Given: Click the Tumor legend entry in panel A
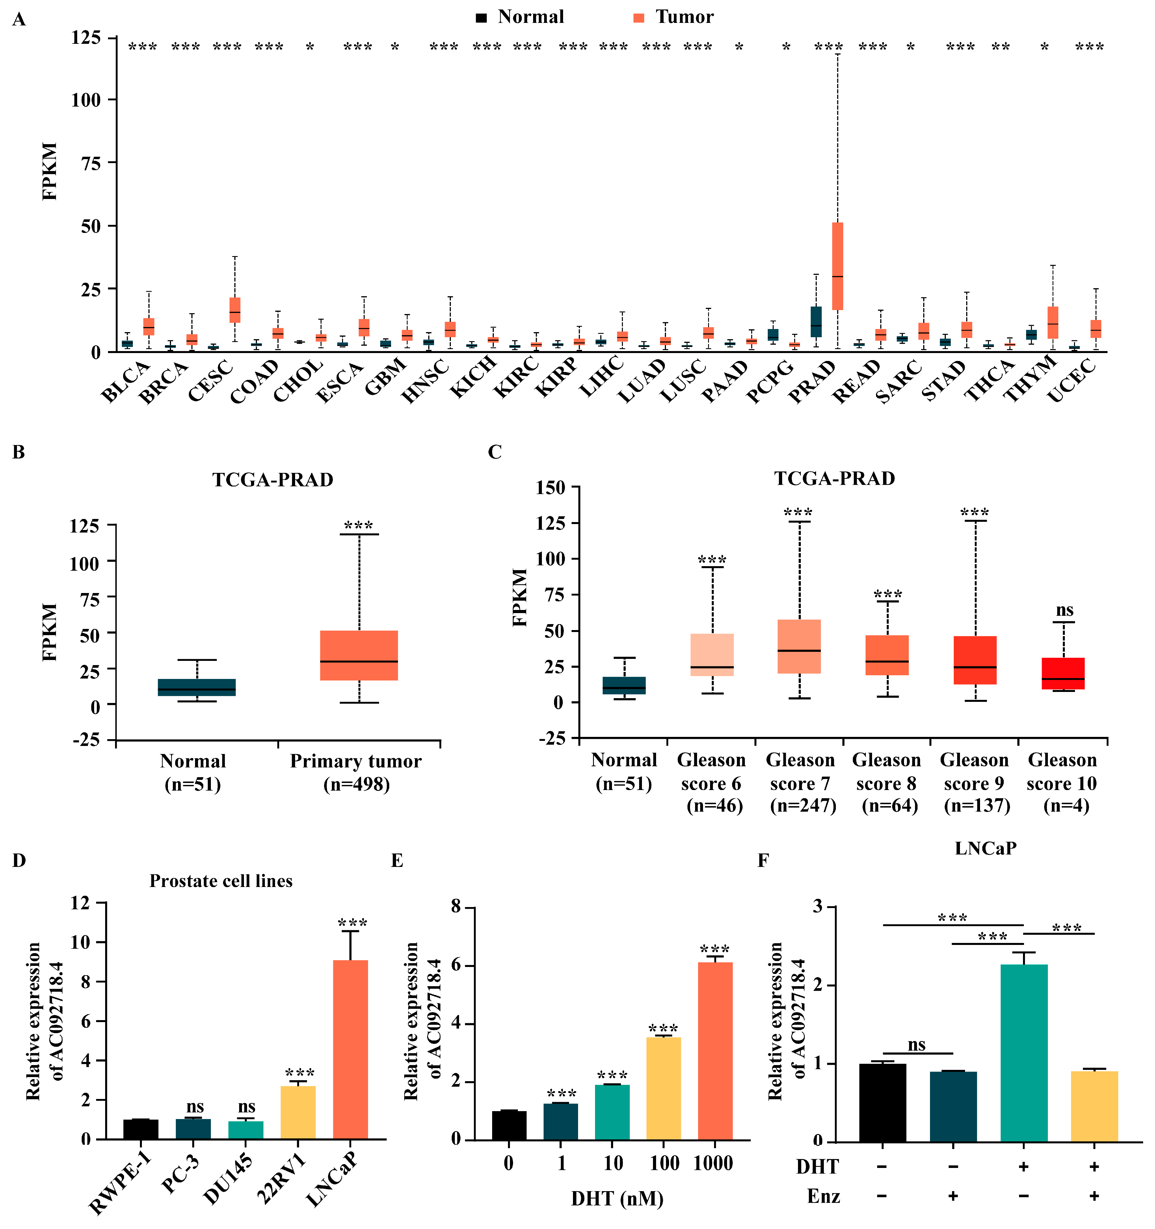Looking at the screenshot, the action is click(x=673, y=17).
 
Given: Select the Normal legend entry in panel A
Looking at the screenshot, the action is click(x=519, y=17).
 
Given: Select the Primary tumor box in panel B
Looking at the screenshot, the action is click(x=359, y=655).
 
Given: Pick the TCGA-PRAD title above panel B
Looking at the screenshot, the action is click(x=273, y=480).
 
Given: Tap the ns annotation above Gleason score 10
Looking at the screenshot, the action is click(x=1064, y=610).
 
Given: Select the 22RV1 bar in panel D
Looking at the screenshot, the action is click(x=298, y=1113).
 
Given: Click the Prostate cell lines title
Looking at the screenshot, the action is click(x=221, y=881).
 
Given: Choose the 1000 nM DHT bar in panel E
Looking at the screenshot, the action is click(x=715, y=1051).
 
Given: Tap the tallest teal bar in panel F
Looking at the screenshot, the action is click(x=1024, y=1053).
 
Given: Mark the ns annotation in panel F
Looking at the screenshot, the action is click(x=916, y=1045).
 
